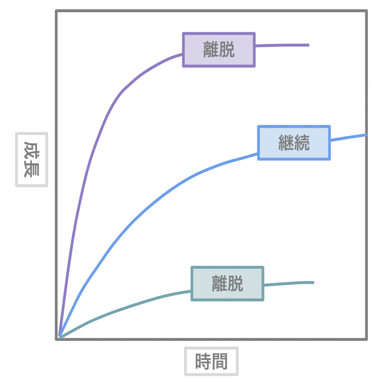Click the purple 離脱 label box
pyautogui.click(x=219, y=50)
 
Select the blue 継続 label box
pyautogui.click(x=294, y=143)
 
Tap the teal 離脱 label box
pyautogui.click(x=227, y=283)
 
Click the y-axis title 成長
pyautogui.click(x=31, y=159)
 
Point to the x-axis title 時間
pyautogui.click(x=211, y=361)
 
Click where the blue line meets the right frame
pyautogui.click(x=365, y=135)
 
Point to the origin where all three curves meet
pyautogui.click(x=60, y=336)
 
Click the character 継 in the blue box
pyautogui.click(x=286, y=143)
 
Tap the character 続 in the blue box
pyautogui.click(x=302, y=143)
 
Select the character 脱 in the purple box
pyautogui.click(x=227, y=50)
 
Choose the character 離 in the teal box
pyautogui.click(x=219, y=283)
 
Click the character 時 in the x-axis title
pyautogui.click(x=203, y=361)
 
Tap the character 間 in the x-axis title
pyautogui.click(x=219, y=361)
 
